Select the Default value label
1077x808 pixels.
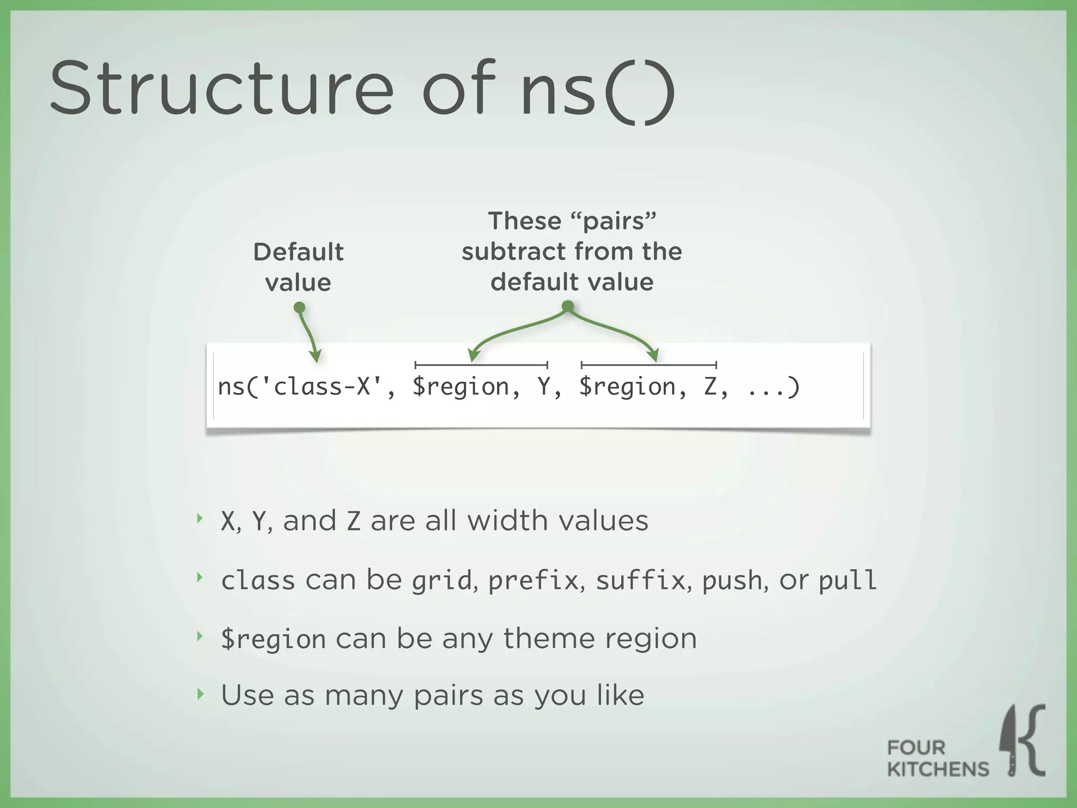click(x=298, y=267)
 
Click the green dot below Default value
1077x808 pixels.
click(x=299, y=307)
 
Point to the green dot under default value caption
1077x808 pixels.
click(x=567, y=306)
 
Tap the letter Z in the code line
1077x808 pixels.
click(x=710, y=387)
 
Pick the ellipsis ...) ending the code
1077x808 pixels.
click(x=773, y=387)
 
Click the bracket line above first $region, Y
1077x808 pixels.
click(x=481, y=365)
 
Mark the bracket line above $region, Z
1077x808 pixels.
click(x=648, y=365)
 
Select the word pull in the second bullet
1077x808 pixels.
click(x=847, y=581)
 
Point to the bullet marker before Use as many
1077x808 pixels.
click(x=199, y=694)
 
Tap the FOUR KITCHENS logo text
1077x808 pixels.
click(x=937, y=759)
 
